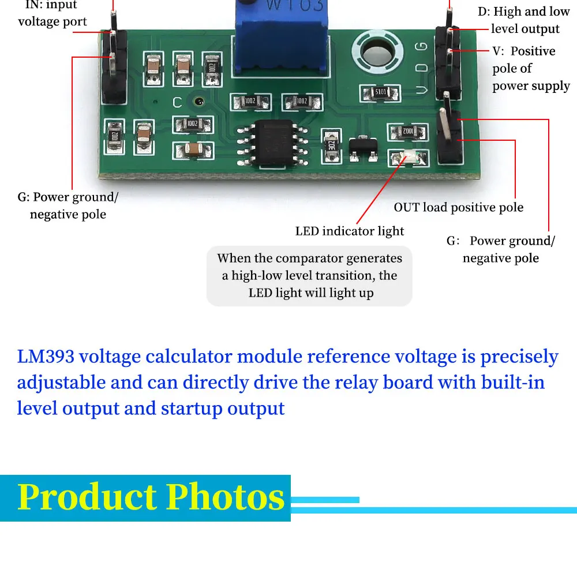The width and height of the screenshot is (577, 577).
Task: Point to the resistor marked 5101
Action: pos(380,93)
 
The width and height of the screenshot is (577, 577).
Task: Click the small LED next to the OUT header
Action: pos(409,156)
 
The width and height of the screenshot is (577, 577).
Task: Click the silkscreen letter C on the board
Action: pos(178,103)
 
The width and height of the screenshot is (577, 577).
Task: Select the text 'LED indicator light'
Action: pos(350,231)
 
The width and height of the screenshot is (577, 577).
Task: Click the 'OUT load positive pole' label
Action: pos(459,207)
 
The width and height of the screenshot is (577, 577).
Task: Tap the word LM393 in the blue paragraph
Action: pos(46,357)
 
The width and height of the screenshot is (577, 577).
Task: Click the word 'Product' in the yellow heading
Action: pos(87,496)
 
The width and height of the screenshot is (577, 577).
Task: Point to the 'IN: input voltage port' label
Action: pos(52,13)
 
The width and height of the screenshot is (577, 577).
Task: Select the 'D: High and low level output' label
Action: pos(524,20)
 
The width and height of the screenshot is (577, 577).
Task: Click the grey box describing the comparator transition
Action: pos(310,276)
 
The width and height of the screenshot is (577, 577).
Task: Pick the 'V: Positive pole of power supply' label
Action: pos(530,69)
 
